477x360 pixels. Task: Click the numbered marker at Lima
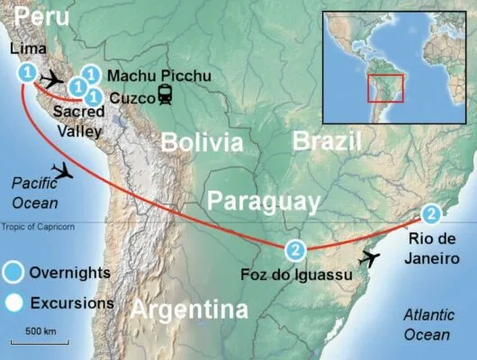[28, 72]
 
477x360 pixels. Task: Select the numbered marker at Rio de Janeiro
[433, 214]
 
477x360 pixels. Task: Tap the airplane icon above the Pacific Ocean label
[63, 169]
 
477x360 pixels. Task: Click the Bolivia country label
[202, 143]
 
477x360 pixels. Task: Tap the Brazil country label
[328, 140]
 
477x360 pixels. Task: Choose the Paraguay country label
[261, 200]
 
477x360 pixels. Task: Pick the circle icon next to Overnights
[14, 272]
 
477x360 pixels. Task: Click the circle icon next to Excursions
[14, 302]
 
